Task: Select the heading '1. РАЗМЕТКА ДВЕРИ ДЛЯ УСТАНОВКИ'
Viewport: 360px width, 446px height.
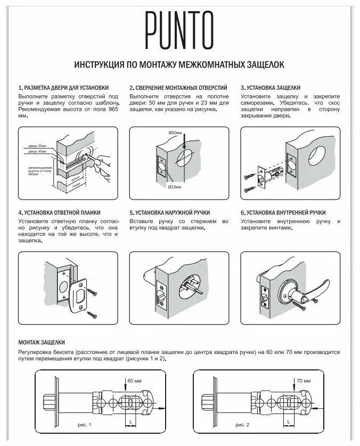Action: click(63, 87)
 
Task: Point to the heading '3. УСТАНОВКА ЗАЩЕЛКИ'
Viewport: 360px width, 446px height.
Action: click(271, 87)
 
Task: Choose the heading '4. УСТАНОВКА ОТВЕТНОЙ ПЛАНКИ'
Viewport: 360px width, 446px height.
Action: click(59, 213)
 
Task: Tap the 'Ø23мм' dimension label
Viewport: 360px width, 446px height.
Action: click(174, 187)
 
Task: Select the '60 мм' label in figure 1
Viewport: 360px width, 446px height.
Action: click(135, 381)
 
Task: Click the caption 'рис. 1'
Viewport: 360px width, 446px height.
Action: click(84, 426)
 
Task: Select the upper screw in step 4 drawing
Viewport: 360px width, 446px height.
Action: click(94, 292)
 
